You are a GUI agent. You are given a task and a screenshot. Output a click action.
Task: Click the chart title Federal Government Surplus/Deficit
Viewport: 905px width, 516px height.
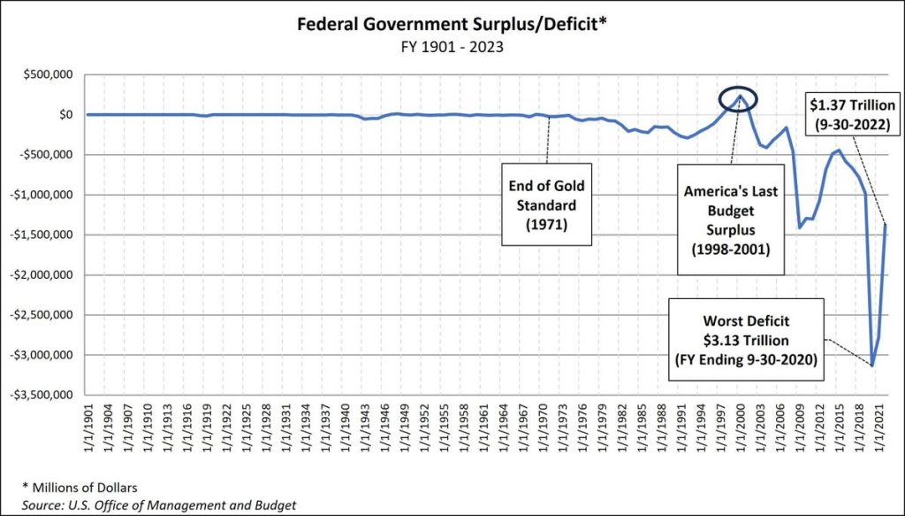(x=451, y=25)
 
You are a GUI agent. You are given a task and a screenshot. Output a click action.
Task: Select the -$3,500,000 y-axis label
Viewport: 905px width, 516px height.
(x=44, y=395)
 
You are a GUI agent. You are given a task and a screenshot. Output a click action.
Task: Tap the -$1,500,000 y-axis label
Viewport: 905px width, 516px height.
(x=44, y=235)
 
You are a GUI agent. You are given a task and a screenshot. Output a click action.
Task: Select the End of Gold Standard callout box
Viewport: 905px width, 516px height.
(x=546, y=204)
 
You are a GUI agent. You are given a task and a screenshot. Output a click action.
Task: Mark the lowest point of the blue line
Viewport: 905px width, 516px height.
(x=872, y=366)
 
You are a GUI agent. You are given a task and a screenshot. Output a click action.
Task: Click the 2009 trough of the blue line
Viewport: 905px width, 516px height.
(x=800, y=227)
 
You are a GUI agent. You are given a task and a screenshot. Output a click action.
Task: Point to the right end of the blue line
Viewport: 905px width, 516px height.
(x=886, y=225)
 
